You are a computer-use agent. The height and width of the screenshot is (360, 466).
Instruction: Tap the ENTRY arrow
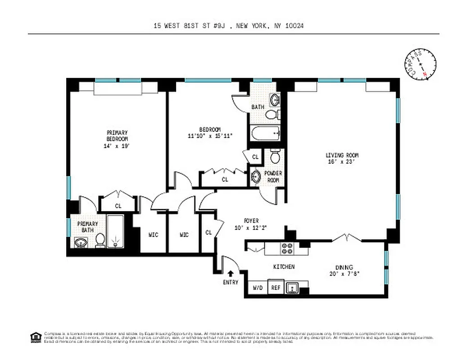(231, 273)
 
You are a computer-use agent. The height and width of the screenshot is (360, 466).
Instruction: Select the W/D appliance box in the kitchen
(258, 287)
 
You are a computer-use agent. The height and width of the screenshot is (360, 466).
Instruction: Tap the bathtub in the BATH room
(265, 133)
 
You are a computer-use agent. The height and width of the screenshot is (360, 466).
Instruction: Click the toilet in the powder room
(275, 157)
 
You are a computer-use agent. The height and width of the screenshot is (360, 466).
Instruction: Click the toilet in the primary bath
(100, 241)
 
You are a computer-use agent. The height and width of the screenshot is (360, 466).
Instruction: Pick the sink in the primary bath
(81, 243)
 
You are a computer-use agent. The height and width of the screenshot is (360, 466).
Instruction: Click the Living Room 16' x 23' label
(342, 159)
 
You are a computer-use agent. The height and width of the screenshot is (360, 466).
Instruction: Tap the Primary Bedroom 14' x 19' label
(117, 139)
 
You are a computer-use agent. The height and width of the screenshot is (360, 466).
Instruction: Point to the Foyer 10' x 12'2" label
(251, 224)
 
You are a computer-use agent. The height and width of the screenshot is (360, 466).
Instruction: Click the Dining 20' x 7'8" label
(344, 270)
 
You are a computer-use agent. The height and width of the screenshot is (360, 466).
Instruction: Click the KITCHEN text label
(284, 267)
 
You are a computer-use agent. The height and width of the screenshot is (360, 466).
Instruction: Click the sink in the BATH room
(274, 99)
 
